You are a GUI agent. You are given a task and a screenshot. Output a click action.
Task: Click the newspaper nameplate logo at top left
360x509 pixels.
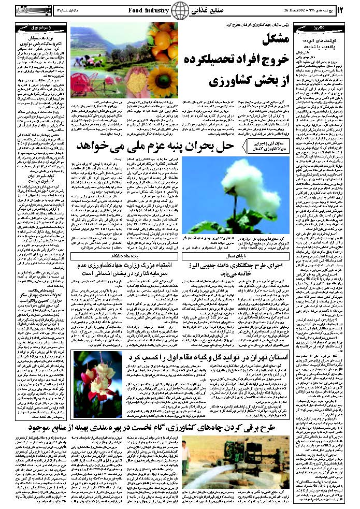(x=33, y=10)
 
